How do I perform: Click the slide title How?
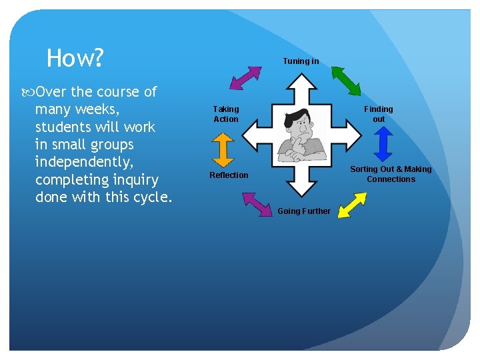(75, 59)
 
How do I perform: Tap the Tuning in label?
(301, 61)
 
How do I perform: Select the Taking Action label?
(225, 114)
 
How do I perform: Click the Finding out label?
(378, 114)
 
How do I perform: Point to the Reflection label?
(229, 175)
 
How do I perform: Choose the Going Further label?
(303, 211)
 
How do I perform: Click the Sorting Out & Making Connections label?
(391, 174)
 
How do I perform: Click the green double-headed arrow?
(346, 81)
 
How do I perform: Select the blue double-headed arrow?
(382, 143)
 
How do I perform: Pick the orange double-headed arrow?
(223, 149)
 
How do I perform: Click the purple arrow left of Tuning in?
(245, 77)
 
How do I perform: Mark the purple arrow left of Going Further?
(254, 205)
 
